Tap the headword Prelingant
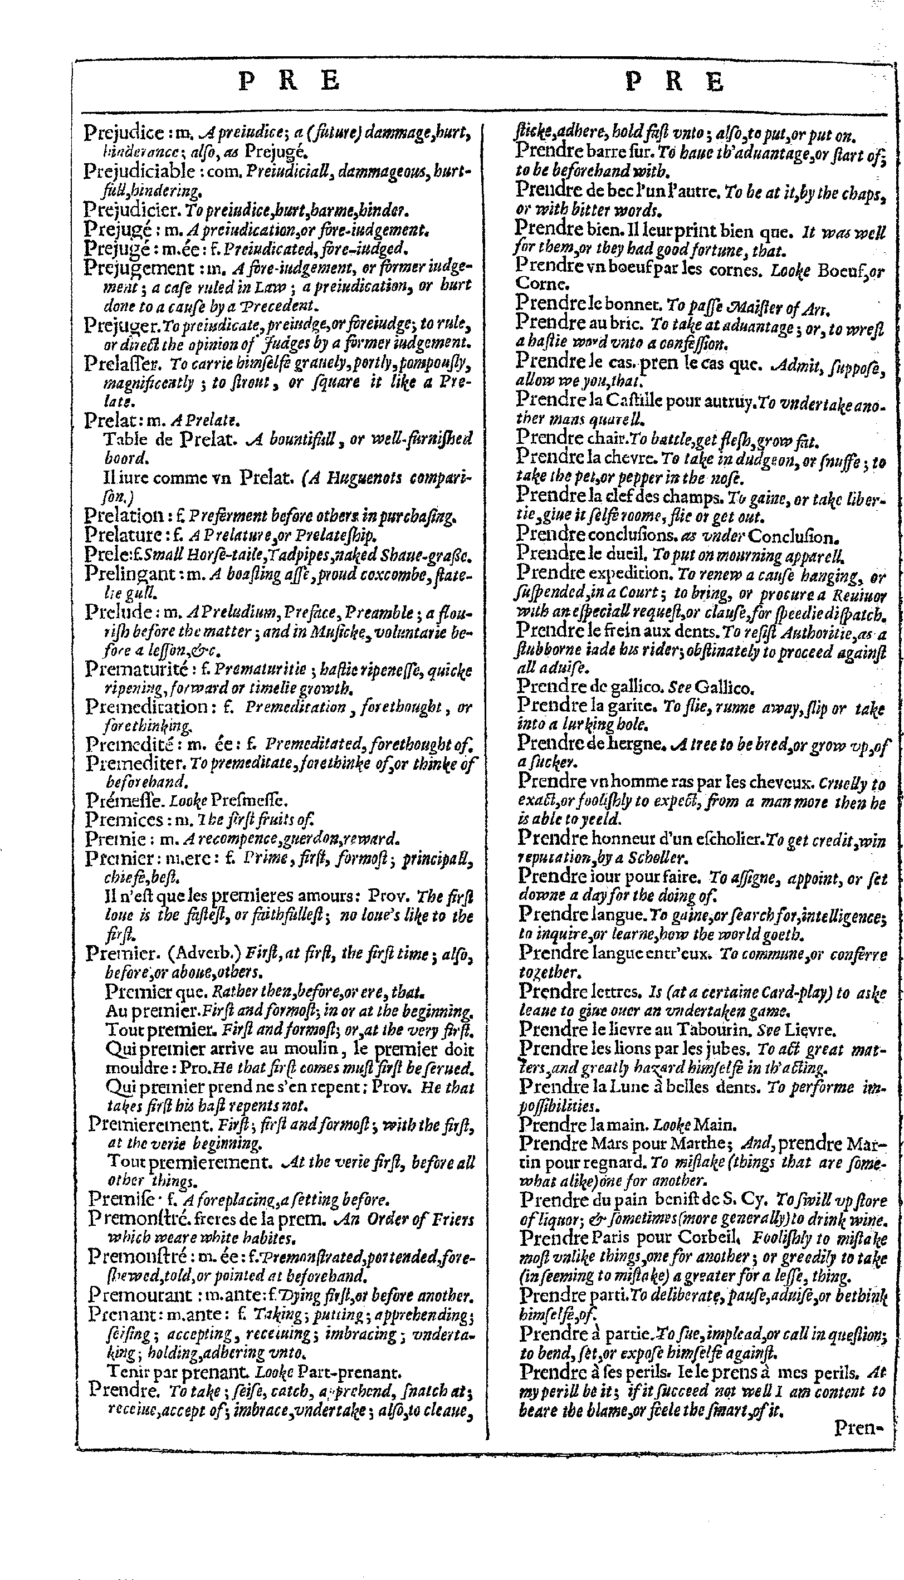point(125,574)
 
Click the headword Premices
point(124,819)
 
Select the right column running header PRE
point(675,82)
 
